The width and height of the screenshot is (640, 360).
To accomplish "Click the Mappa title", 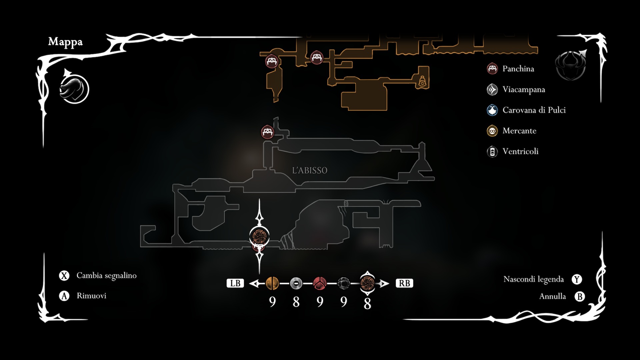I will click(x=65, y=42).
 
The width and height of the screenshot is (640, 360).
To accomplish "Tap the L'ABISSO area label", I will click(x=310, y=170).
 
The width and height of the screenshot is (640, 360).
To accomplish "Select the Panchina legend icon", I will click(x=492, y=69).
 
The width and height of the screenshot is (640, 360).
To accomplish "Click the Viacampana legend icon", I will click(x=492, y=89).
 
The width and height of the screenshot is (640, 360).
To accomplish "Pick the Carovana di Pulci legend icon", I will click(x=492, y=110).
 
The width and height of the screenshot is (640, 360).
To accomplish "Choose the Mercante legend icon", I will click(x=492, y=131).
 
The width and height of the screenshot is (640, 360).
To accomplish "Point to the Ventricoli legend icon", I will click(x=492, y=152).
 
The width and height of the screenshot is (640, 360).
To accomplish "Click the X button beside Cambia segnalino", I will click(x=64, y=276).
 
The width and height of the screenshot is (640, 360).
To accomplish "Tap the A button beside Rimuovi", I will click(x=64, y=296).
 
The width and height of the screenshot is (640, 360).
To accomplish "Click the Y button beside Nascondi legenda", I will click(x=577, y=279).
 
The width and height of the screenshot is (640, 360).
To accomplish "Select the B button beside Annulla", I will click(x=580, y=296).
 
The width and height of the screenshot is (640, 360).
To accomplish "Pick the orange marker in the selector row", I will click(x=272, y=283).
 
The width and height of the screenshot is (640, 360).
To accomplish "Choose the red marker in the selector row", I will click(x=320, y=283).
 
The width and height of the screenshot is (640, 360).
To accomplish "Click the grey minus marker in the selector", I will click(x=296, y=283).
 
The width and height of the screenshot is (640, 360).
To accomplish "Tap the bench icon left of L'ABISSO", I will click(x=267, y=132).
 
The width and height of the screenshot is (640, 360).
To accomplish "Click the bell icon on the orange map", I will click(x=422, y=81).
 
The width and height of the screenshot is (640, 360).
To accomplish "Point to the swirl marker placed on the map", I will click(x=259, y=236).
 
